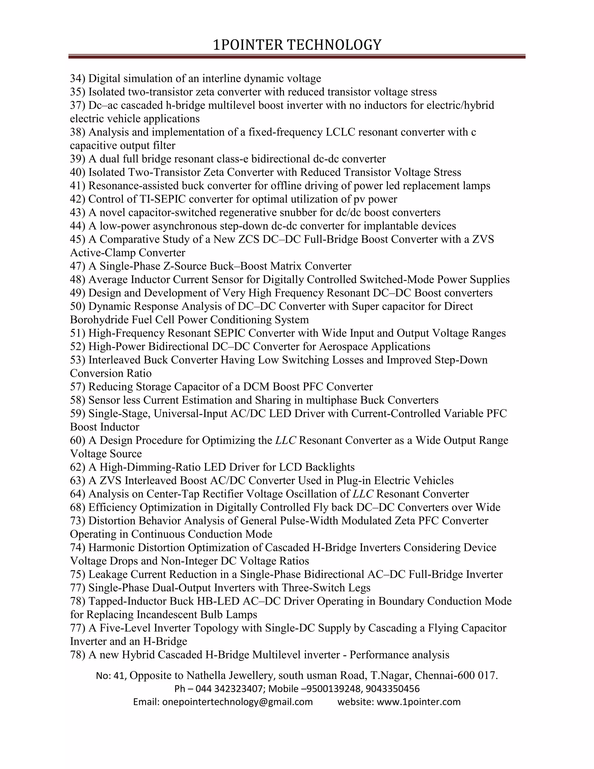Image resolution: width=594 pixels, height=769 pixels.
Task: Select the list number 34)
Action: point(77,78)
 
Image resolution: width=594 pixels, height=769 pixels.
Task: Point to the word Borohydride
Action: point(100,320)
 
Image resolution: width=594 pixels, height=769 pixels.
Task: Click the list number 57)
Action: point(77,387)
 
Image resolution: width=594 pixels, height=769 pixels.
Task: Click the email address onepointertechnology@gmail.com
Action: point(237,702)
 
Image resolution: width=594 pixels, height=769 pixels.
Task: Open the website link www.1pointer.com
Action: point(419,702)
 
